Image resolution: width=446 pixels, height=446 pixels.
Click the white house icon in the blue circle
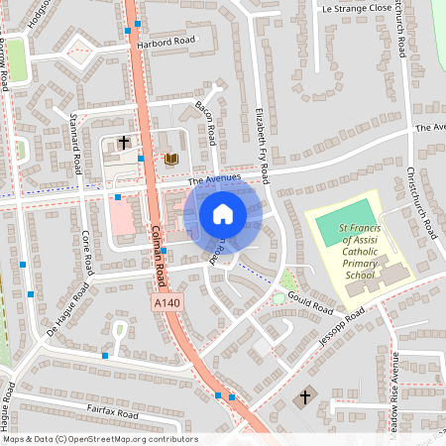[223, 213]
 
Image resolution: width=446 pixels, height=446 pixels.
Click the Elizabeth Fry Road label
[263, 144]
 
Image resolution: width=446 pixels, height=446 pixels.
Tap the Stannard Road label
[75, 145]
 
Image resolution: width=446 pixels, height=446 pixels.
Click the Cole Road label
[87, 253]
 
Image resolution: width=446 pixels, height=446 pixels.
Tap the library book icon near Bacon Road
[170, 159]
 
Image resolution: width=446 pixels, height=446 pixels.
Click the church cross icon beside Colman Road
[124, 144]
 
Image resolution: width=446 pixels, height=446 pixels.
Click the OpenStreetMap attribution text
[99, 438]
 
